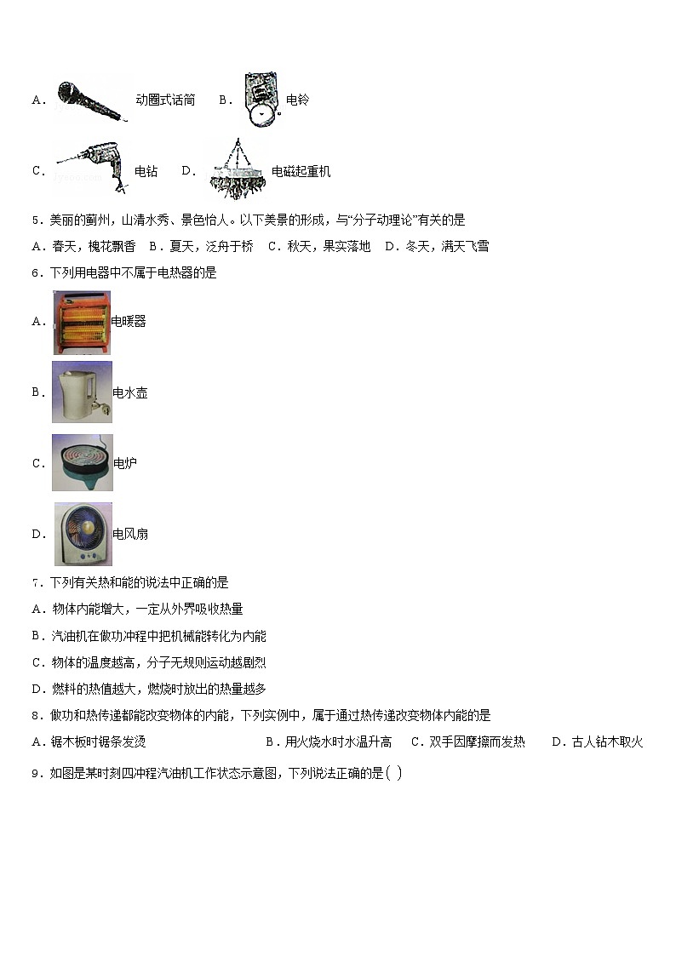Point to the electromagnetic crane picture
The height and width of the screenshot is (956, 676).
[x=236, y=169]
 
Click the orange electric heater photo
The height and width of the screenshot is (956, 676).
[x=82, y=322]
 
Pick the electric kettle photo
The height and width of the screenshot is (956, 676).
[x=82, y=392]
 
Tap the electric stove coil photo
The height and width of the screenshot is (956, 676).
[x=82, y=463]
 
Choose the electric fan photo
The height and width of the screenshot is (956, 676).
[x=83, y=534]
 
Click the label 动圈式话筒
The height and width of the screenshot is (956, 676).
[x=165, y=100]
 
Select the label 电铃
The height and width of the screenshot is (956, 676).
[x=297, y=100]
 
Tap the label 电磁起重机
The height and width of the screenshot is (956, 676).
[x=301, y=172]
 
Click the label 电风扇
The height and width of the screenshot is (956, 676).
[x=130, y=535]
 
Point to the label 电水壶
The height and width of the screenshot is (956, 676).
[x=130, y=393]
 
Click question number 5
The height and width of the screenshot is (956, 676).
[x=36, y=220]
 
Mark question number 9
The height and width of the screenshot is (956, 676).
[x=36, y=774]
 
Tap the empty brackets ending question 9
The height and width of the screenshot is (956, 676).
[x=393, y=773]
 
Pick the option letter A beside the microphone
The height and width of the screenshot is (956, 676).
[x=37, y=100]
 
